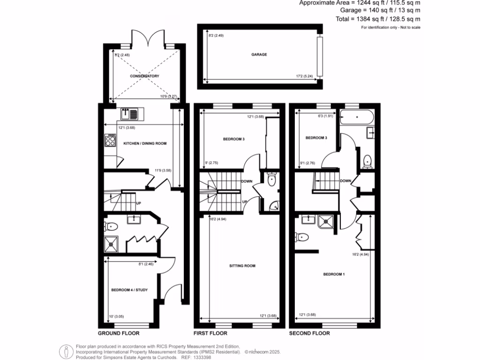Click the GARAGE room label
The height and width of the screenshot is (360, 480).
tap(259, 54)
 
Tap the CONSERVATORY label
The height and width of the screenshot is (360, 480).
tap(144, 76)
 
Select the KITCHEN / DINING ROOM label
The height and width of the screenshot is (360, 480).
tap(145, 143)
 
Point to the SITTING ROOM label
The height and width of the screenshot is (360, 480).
tap(242, 266)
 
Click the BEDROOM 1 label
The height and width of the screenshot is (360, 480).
tap(334, 274)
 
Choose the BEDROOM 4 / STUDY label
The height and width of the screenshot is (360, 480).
tap(129, 290)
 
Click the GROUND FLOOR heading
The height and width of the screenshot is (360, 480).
tap(119, 334)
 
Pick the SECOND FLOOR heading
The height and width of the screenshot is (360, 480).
tap(310, 334)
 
